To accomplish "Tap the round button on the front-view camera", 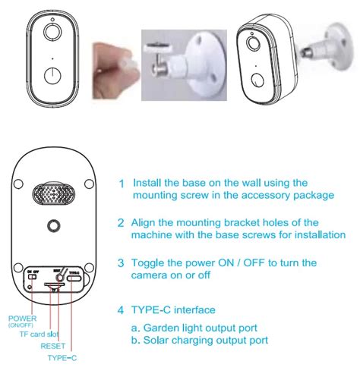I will point(52,77).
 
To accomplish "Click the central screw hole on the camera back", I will point(53,227).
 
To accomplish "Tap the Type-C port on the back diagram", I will point(74,278).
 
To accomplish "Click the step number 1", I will point(121,184).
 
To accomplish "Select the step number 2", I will point(121,224).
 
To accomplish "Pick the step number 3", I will point(121,263).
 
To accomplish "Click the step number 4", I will point(121,310).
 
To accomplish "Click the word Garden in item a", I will point(164,328).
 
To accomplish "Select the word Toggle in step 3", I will point(150,262).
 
